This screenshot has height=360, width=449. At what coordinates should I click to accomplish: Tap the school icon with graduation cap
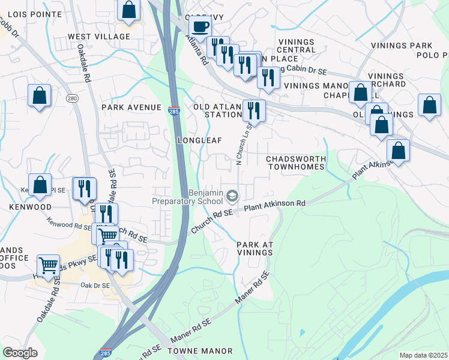click(232, 195)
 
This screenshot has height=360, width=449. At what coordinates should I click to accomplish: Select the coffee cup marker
click(200, 26)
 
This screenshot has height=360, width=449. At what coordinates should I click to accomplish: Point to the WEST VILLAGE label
click(99, 37)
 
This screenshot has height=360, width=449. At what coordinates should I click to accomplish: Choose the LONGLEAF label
click(200, 140)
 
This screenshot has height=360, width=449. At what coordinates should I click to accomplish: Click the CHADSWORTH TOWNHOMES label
click(296, 162)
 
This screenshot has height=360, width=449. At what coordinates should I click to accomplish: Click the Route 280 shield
click(72, 98)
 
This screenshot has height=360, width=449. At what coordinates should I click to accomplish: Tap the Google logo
click(20, 353)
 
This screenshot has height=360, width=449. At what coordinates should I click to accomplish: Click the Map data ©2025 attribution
click(423, 355)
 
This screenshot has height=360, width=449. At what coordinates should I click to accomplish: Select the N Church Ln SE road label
click(244, 143)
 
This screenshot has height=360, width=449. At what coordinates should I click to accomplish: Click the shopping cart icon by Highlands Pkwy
click(48, 265)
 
